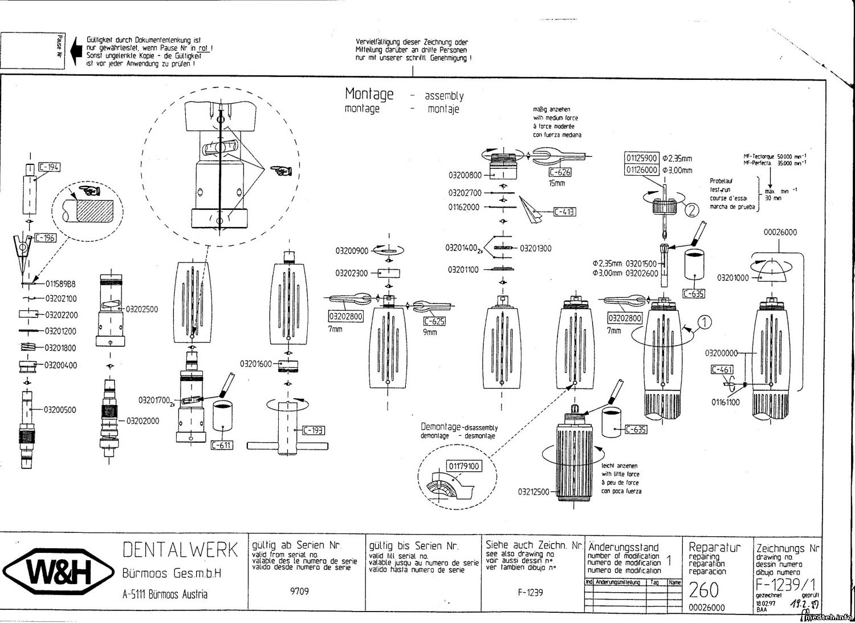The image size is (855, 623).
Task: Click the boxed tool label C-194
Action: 49,167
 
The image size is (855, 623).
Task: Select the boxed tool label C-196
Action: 46,237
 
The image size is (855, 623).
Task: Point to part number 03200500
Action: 60,410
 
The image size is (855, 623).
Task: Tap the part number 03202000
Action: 142,421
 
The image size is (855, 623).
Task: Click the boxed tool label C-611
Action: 222,444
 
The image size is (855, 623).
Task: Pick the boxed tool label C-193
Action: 313,430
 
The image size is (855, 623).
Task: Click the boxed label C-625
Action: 434,321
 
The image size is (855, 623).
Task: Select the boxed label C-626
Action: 560,172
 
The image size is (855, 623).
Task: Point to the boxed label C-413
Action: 564,212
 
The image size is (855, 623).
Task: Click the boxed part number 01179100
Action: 464,466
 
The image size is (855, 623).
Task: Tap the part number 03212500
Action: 534,492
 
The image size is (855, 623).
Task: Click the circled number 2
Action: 691,210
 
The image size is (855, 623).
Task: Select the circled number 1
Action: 705,322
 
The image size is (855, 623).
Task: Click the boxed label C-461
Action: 722,370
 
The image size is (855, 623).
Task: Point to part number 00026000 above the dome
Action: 780,232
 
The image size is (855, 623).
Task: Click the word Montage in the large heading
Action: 369,94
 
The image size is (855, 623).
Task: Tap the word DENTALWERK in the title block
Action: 180,550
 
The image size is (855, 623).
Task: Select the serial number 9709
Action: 299,591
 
